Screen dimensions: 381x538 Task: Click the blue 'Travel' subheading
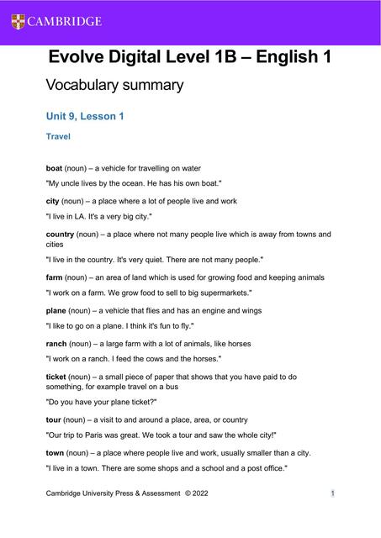click(x=57, y=135)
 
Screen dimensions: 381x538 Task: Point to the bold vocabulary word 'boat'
click(x=54, y=168)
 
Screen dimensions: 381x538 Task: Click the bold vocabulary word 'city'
click(x=52, y=201)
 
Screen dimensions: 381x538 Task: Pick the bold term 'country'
click(x=60, y=234)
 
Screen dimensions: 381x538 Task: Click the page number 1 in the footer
click(x=333, y=493)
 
